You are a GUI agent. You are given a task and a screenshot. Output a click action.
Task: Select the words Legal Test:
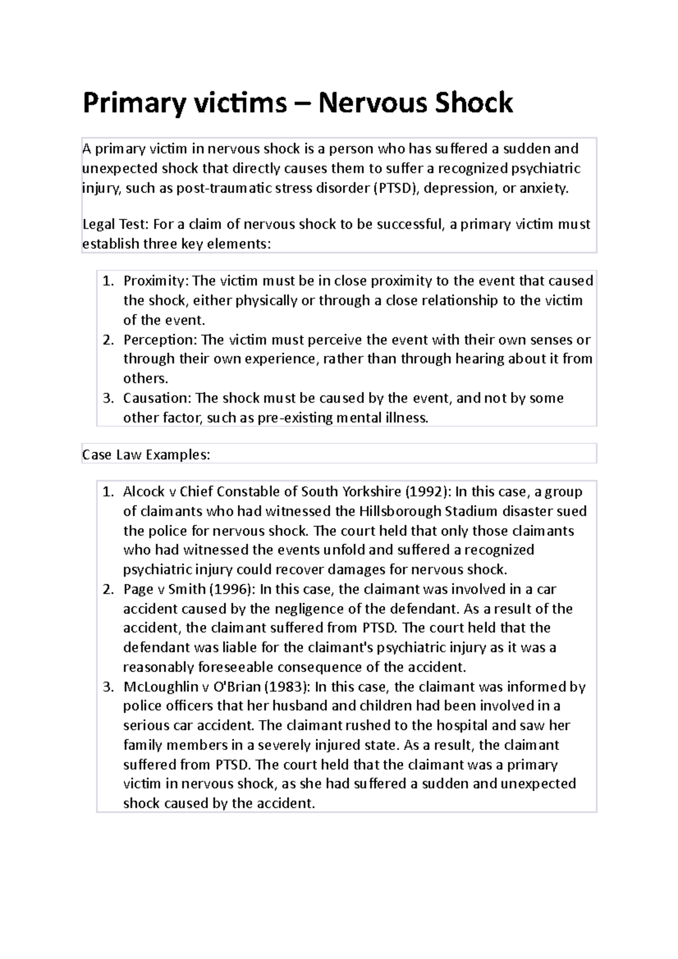(x=115, y=224)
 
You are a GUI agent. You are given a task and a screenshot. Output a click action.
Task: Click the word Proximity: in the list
(x=157, y=281)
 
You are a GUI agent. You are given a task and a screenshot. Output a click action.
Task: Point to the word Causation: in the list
(x=158, y=398)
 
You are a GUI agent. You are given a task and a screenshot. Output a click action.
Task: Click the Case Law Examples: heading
(x=146, y=455)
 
